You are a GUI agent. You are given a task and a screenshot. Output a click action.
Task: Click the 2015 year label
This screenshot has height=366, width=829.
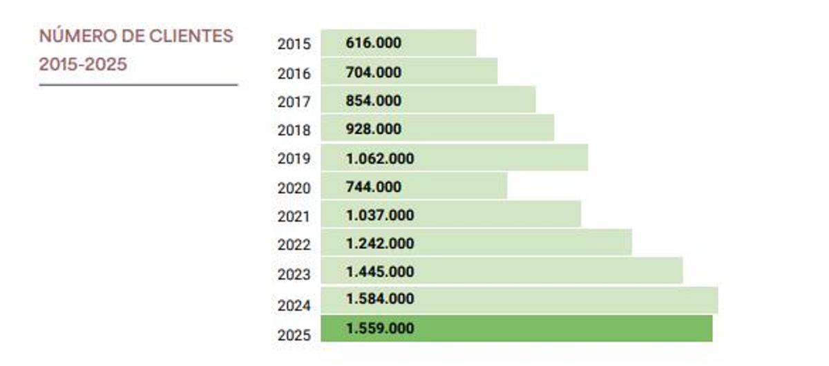pos(294,44)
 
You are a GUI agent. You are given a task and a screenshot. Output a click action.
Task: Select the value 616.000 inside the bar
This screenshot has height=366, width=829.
pos(373,43)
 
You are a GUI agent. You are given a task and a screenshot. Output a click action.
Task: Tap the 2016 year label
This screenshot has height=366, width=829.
pos(294,73)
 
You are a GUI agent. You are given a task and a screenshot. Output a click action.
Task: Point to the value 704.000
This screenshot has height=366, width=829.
pos(373,72)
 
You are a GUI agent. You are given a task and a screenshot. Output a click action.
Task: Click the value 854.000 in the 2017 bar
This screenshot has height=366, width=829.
pos(373,101)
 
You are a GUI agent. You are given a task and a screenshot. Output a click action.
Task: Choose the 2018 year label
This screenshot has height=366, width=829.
pos(294,131)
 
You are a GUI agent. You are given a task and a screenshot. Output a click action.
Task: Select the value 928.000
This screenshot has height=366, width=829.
pos(373,129)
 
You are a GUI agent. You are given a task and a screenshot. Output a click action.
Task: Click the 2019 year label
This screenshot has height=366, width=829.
pos(294,159)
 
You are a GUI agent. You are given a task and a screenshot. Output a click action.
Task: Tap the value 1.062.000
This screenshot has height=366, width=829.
pos(380,158)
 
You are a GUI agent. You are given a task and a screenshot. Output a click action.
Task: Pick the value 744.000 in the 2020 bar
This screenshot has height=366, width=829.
pos(373,186)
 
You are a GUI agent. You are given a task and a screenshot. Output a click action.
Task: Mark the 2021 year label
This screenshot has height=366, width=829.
pos(294,216)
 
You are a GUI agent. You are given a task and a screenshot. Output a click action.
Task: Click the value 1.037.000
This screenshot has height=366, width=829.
pos(380,215)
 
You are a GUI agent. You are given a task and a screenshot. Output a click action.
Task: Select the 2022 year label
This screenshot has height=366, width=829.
pos(294,244)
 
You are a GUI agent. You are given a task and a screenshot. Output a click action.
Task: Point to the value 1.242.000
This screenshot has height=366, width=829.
pos(380,243)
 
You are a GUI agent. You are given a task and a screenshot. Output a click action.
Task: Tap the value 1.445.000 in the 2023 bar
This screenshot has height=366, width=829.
pos(380,271)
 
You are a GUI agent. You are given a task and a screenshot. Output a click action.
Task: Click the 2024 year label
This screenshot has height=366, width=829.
pos(294,305)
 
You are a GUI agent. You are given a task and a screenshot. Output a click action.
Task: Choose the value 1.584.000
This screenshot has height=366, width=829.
pos(380,299)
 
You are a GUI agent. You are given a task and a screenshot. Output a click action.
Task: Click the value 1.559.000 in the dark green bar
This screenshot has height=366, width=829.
pos(380,329)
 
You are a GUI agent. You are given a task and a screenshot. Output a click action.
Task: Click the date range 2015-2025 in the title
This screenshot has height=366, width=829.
pos(83,65)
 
